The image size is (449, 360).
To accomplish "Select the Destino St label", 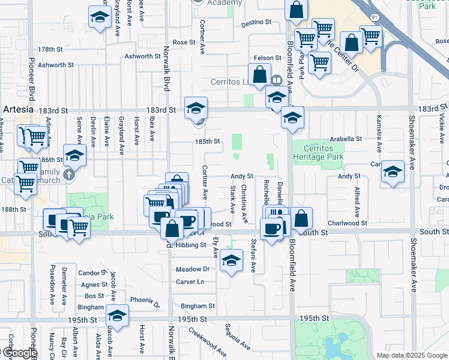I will pos(256,23).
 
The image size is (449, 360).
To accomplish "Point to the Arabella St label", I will pos(346,138).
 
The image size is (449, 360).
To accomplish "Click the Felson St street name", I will pos(268,58).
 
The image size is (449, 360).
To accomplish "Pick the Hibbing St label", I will pos(191,245).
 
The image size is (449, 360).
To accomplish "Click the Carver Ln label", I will pos(190,281).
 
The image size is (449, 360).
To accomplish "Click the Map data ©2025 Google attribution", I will pos(412,355).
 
